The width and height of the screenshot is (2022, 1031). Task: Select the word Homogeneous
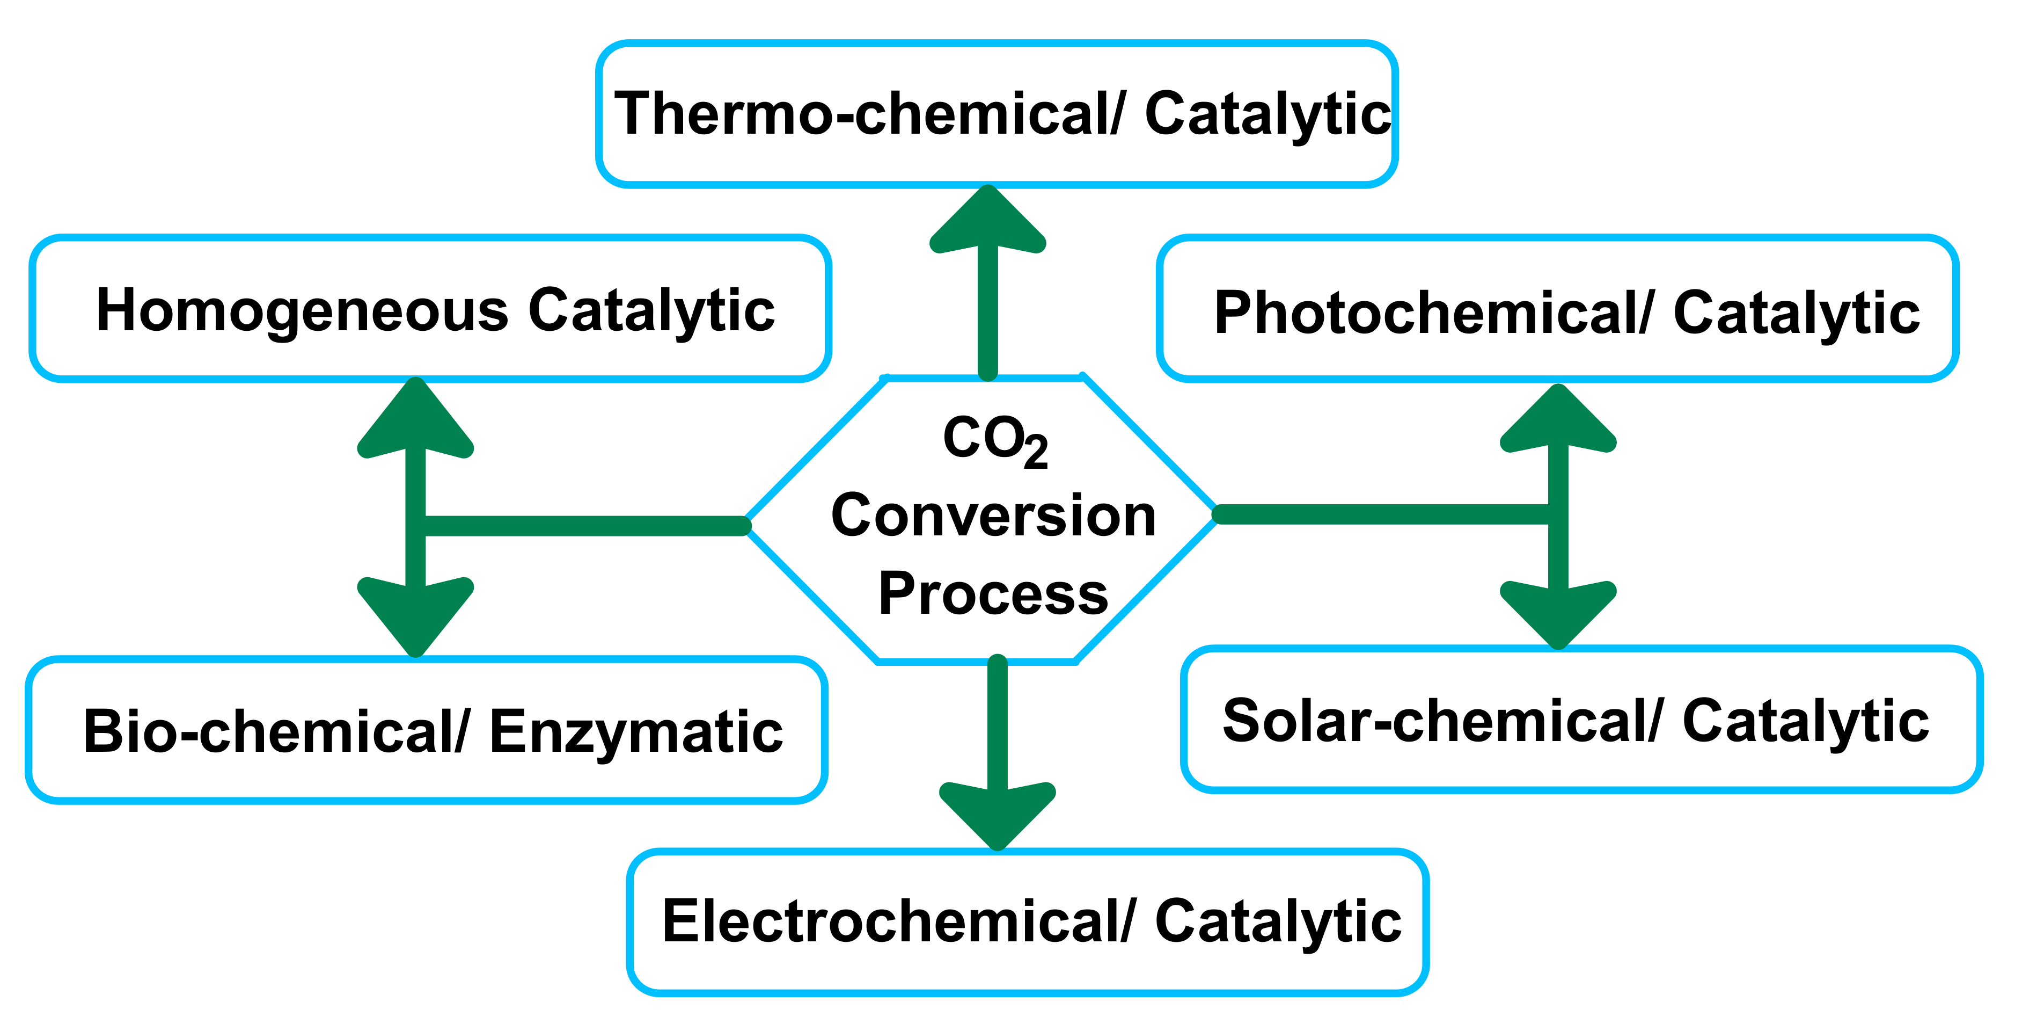[x=302, y=310]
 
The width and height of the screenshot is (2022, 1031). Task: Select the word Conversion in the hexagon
[x=993, y=516]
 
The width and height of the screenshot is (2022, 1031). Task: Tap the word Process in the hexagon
[x=993, y=593]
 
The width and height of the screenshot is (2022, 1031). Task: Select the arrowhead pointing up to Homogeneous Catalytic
[x=415, y=420]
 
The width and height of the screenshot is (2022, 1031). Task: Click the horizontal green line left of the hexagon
[x=581, y=525]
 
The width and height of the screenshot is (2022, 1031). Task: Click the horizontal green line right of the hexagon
[x=1381, y=514]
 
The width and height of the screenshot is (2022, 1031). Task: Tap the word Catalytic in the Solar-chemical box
[x=1805, y=721]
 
